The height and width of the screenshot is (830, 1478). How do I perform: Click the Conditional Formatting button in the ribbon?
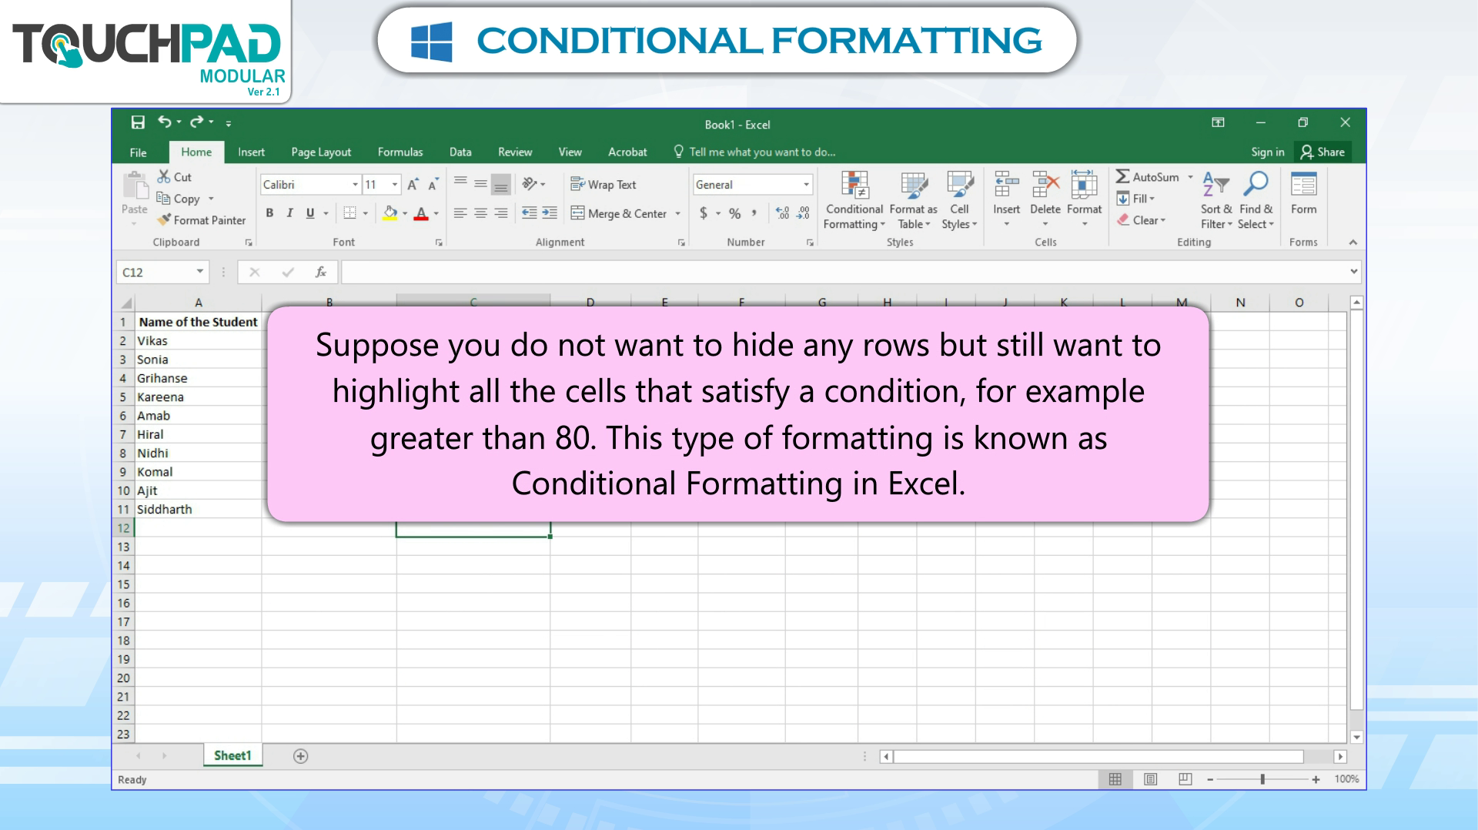(x=854, y=200)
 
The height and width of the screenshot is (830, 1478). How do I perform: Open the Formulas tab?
(x=400, y=152)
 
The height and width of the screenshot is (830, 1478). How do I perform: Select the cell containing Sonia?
(x=199, y=360)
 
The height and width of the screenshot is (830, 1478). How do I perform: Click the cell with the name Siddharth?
(x=199, y=509)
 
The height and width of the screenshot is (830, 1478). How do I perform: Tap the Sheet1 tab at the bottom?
(x=232, y=755)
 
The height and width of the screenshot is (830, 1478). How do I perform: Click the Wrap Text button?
(x=603, y=185)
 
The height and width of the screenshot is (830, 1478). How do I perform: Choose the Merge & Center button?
(x=625, y=213)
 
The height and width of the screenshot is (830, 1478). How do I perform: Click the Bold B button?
(x=269, y=213)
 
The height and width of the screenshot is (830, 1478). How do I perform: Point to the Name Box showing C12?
(x=162, y=272)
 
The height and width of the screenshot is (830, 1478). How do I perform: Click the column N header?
(x=1240, y=303)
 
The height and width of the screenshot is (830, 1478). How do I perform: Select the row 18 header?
(x=123, y=641)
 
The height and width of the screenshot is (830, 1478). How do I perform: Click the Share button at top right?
(x=1323, y=152)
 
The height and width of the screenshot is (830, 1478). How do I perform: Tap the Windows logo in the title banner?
(x=431, y=41)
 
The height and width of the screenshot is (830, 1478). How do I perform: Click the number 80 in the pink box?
(x=573, y=438)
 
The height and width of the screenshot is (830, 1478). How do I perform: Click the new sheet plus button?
(x=300, y=756)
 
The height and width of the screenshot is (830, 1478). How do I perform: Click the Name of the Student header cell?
(x=199, y=322)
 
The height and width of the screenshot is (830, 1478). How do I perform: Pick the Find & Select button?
(x=1256, y=200)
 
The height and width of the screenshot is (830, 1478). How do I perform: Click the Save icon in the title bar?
(x=138, y=122)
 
